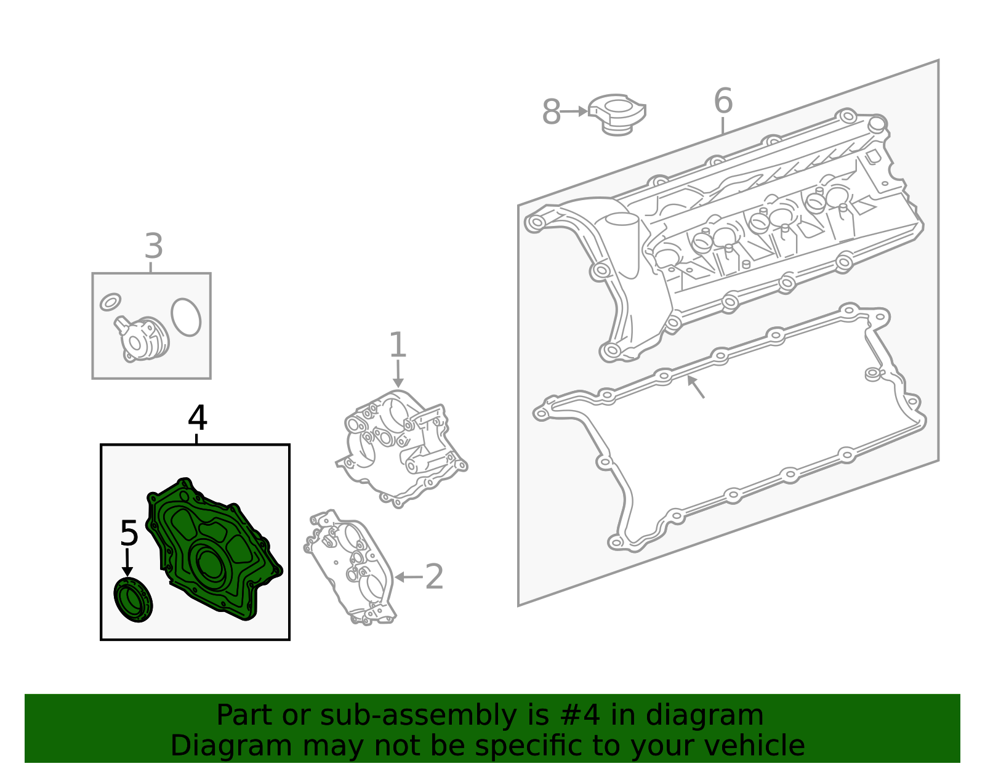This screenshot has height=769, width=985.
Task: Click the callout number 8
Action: [x=551, y=112]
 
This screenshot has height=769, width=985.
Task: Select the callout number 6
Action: [x=723, y=100]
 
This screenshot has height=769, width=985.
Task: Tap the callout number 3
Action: [x=154, y=246]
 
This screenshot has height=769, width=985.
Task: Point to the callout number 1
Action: [x=398, y=344]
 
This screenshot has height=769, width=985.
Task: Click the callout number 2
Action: [x=434, y=577]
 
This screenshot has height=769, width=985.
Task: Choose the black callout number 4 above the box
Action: [x=198, y=418]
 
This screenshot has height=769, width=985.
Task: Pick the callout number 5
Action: [x=129, y=533]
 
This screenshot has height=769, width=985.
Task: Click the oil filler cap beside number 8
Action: [x=617, y=114]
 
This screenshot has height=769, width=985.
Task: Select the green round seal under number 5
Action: [x=133, y=600]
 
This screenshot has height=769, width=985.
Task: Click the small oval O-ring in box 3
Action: [x=110, y=302]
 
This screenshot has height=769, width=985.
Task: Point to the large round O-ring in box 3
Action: [x=186, y=317]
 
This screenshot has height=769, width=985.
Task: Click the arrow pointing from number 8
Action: [x=574, y=111]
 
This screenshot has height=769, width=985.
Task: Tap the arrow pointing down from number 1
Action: [x=398, y=373]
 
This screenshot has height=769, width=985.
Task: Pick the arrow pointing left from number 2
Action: [x=408, y=577]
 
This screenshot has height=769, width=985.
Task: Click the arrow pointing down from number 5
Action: [x=127, y=563]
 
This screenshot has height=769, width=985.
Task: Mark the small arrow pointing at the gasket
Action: [x=696, y=387]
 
